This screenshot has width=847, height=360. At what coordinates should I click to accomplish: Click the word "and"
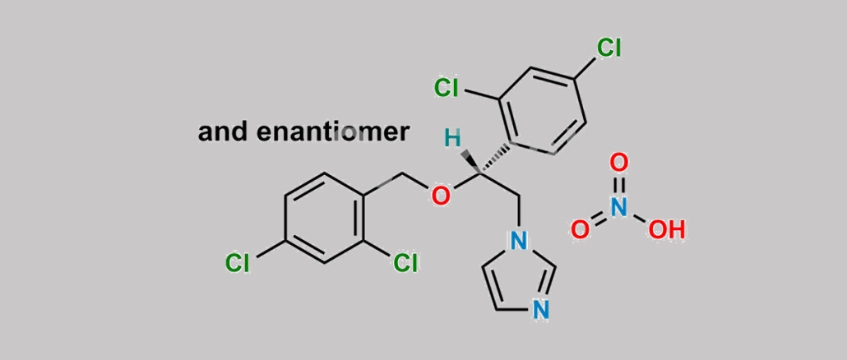pyautogui.click(x=223, y=132)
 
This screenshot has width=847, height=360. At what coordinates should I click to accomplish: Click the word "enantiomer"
pyautogui.click(x=332, y=132)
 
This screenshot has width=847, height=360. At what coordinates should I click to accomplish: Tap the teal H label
pyautogui.click(x=452, y=139)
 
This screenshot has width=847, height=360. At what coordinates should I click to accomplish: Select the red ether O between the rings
pyautogui.click(x=440, y=196)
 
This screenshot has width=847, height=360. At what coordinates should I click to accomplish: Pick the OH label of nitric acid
pyautogui.click(x=667, y=230)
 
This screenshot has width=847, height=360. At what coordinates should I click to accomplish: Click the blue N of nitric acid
pyautogui.click(x=619, y=207)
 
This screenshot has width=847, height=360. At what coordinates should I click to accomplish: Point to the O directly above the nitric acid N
pyautogui.click(x=619, y=163)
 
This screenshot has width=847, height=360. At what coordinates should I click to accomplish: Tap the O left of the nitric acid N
pyautogui.click(x=580, y=230)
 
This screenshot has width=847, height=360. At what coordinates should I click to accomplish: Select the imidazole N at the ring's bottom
pyautogui.click(x=541, y=310)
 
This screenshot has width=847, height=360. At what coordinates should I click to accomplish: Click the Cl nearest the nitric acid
pyautogui.click(x=609, y=48)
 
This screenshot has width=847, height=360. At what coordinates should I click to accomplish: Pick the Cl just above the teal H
pyautogui.click(x=447, y=87)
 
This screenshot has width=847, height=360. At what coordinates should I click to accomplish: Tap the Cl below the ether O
pyautogui.click(x=405, y=263)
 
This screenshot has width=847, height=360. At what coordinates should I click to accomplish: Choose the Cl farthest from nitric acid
pyautogui.click(x=237, y=263)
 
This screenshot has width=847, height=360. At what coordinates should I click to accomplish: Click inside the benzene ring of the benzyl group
pyautogui.click(x=323, y=218)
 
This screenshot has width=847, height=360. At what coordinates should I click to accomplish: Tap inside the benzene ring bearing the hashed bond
pyautogui.click(x=543, y=111)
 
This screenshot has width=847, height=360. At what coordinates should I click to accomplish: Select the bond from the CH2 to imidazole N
pyautogui.click(x=518, y=211)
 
